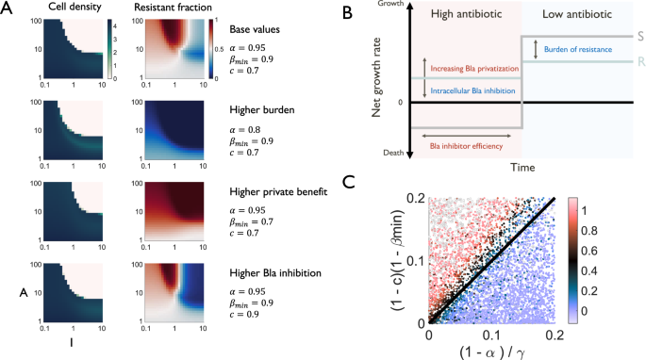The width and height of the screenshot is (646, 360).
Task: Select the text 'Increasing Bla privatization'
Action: click(x=479, y=67)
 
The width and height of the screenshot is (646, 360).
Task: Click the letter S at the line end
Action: click(x=638, y=36)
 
